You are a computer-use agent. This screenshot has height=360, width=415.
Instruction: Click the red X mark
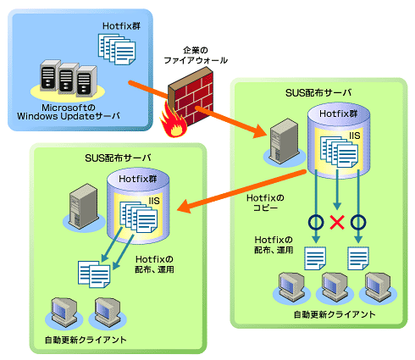(337, 222)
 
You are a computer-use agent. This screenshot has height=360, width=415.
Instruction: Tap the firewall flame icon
(173, 123)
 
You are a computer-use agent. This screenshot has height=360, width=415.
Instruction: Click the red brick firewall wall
(191, 96)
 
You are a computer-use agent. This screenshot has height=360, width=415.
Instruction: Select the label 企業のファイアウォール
(196, 55)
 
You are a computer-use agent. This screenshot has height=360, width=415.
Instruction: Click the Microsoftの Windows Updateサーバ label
(69, 112)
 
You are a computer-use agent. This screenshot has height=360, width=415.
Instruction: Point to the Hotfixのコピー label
(265, 202)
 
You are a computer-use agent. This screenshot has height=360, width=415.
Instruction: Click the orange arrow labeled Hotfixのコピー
(241, 191)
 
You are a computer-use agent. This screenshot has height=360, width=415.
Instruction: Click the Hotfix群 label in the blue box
(121, 26)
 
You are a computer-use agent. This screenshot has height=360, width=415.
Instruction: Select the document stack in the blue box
(117, 49)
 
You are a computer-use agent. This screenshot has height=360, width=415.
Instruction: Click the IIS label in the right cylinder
(354, 136)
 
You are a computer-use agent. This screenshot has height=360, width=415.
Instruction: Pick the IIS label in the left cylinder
(154, 201)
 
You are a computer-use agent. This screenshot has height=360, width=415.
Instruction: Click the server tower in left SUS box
(84, 205)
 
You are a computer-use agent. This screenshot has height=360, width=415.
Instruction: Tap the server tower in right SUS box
(285, 141)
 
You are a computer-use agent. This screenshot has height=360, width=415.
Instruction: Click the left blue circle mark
(316, 222)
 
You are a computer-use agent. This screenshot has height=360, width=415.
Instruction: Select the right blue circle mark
(358, 222)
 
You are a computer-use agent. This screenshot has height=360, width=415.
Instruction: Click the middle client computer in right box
(335, 286)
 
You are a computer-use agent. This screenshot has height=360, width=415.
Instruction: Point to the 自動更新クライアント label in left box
(86, 340)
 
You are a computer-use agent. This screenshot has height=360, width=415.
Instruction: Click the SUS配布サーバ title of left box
(118, 158)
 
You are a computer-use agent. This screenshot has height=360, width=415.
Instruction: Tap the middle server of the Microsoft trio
(69, 78)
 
